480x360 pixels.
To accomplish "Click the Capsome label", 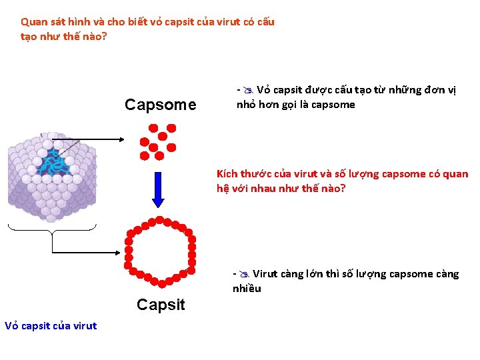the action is coord(161,105).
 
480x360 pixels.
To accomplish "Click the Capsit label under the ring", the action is coord(161,305).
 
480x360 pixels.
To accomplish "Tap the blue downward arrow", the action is coord(158,190).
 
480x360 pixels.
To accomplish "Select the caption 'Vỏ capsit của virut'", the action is coord(51,326).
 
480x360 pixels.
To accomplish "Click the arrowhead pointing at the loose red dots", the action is coord(121,139).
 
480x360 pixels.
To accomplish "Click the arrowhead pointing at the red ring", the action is coord(121,253).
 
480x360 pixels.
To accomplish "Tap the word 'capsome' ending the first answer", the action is coord(333,105).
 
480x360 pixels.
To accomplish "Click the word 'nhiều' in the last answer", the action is coord(247,289).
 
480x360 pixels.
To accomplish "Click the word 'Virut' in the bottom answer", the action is coord(265,274).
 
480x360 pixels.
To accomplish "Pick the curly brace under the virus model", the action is coord(52,229).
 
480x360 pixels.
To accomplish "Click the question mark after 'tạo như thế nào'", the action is coord(104,36).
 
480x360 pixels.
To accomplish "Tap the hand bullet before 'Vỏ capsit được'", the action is coord(247,90).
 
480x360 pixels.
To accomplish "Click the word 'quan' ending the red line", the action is coord(455,174).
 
